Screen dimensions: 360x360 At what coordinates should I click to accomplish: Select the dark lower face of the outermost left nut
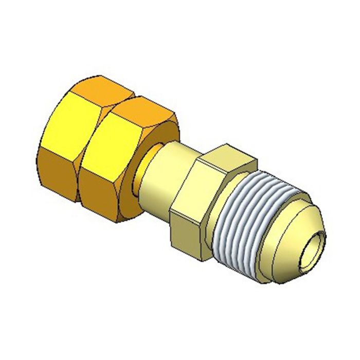57,175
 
